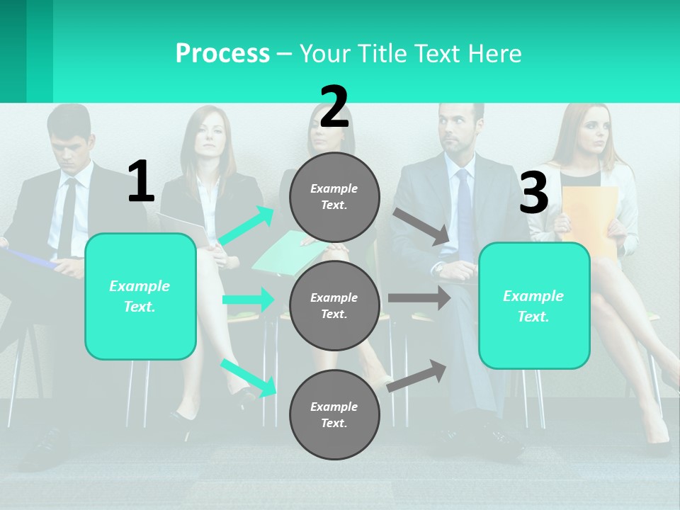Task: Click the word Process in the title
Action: [x=222, y=53]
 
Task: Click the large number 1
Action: [x=141, y=182]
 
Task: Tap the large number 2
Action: [x=334, y=107]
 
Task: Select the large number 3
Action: [x=533, y=193]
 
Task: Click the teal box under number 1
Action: [x=140, y=296]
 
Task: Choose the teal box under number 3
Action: [x=534, y=306]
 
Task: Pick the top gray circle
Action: [x=334, y=197]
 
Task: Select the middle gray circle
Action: [x=334, y=305]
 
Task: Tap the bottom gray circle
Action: [x=334, y=414]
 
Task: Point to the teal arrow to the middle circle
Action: [x=248, y=300]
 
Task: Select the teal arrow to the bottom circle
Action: [x=249, y=377]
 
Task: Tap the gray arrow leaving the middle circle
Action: [x=419, y=297]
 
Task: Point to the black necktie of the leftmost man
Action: [x=68, y=212]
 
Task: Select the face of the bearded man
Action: [x=458, y=131]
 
